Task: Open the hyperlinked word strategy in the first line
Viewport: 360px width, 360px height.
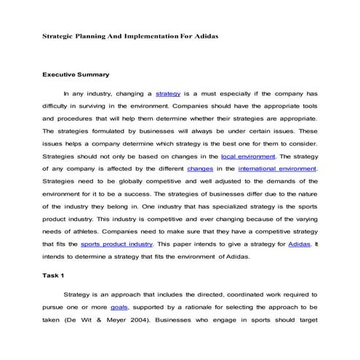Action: pyautogui.click(x=168, y=93)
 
